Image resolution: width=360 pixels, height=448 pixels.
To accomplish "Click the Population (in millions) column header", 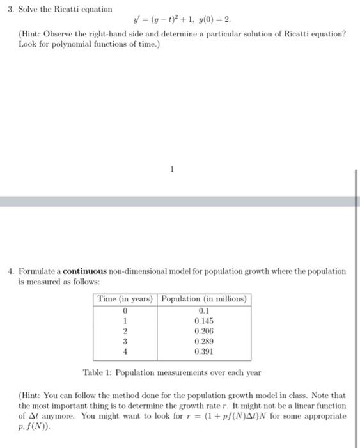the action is tap(204, 299).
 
